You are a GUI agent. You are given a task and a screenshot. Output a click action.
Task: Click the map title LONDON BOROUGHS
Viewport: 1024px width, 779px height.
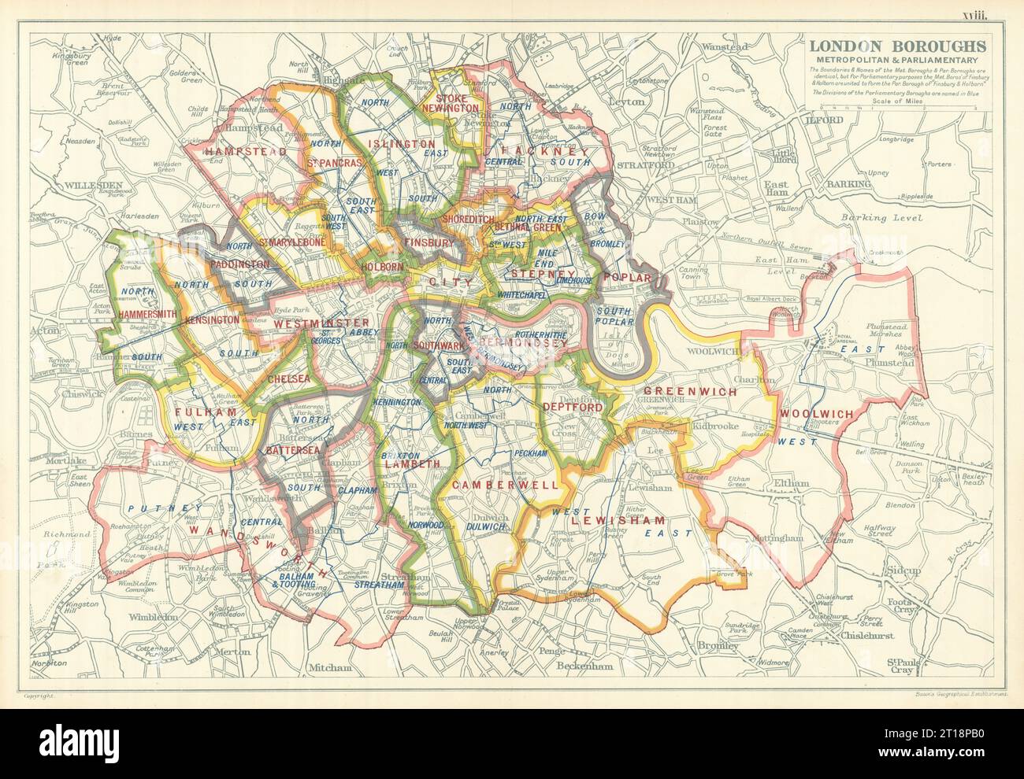coord(892,46)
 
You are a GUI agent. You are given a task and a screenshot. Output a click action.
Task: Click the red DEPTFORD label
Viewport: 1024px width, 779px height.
coord(573,408)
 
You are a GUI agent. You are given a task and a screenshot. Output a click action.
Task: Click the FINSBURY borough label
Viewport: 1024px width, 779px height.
coord(429,243)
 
